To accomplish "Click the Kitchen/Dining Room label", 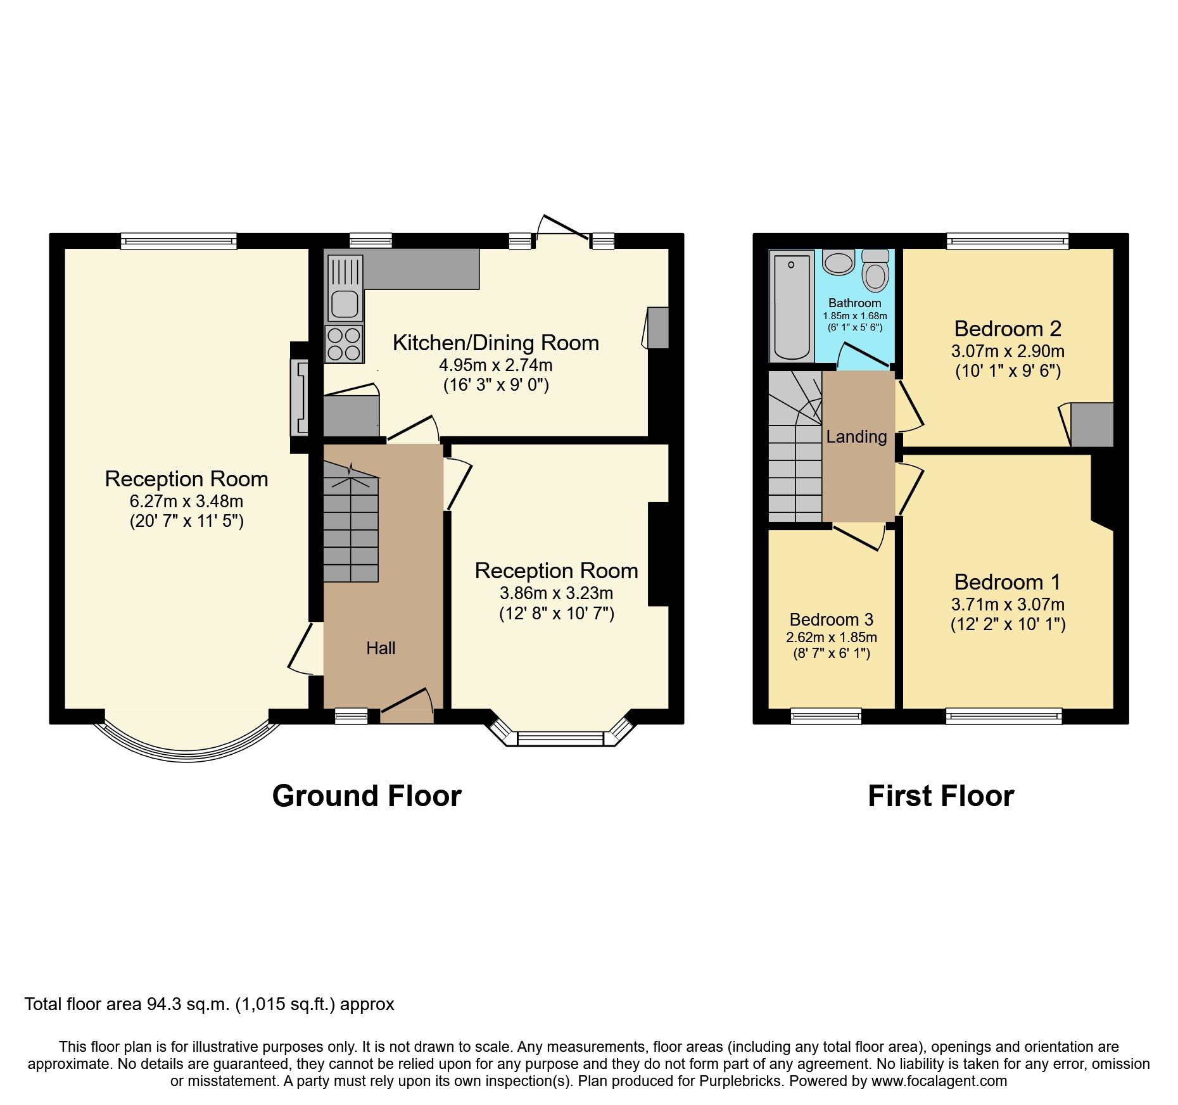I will [x=495, y=343].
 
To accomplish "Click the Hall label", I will [x=381, y=648].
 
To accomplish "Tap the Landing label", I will [x=856, y=436].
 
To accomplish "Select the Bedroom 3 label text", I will [x=831, y=619].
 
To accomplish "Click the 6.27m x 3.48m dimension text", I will [x=186, y=502].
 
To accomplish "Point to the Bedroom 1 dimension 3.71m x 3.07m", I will [x=1008, y=604].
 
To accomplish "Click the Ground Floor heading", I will [x=367, y=796].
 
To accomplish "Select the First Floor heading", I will [x=940, y=796].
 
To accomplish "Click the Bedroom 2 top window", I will [x=1007, y=241].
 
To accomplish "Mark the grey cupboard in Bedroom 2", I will [x=1091, y=424].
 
